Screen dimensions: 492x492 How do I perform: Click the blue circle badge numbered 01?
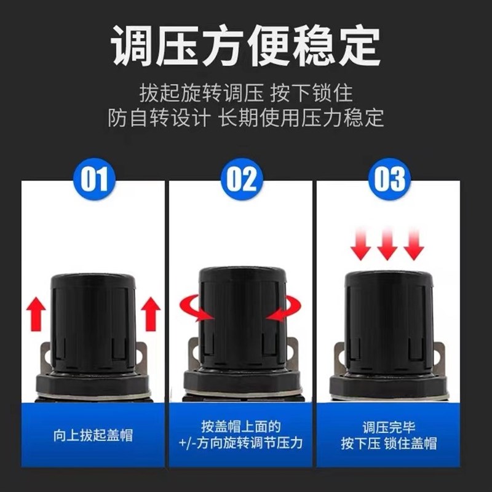coord(94,179)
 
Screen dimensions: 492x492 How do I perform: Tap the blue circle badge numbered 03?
coord(389,179)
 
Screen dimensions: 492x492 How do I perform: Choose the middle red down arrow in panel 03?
coord(387,245)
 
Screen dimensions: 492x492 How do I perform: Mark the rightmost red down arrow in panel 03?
coord(415,245)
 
